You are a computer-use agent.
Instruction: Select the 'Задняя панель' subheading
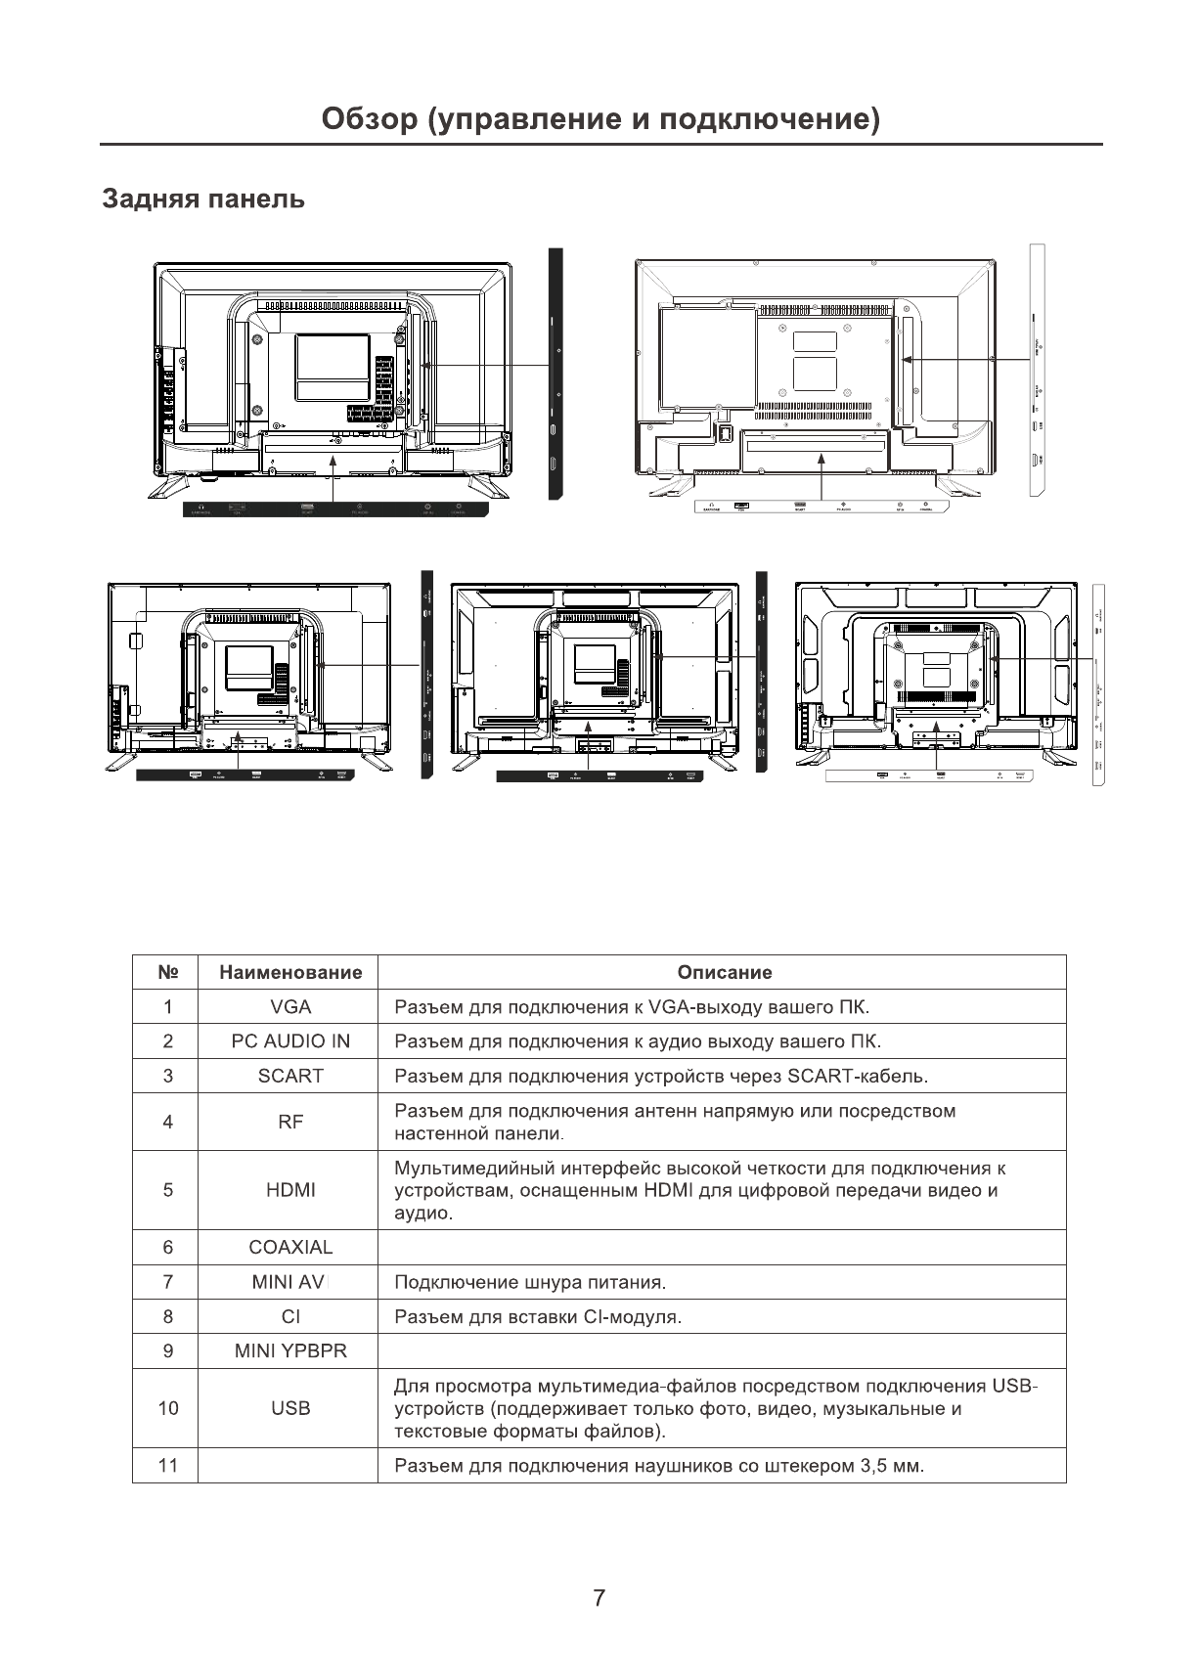click(x=203, y=199)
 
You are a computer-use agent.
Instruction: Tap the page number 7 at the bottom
click(x=599, y=1598)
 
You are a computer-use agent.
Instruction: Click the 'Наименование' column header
click(x=290, y=973)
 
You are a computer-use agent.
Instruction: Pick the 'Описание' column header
click(x=724, y=973)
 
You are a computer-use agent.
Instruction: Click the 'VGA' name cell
click(x=290, y=1007)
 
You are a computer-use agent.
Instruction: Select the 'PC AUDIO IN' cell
click(x=290, y=1041)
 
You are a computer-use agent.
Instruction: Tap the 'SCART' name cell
click(x=290, y=1076)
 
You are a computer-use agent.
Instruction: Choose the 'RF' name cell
click(x=290, y=1122)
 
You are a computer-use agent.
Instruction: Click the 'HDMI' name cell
click(x=290, y=1190)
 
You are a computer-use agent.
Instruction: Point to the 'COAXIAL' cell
click(x=290, y=1247)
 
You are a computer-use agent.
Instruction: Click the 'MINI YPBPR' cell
click(x=290, y=1350)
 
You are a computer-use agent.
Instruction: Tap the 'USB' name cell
click(x=290, y=1408)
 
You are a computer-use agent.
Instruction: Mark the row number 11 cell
click(x=167, y=1466)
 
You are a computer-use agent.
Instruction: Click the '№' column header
click(x=167, y=973)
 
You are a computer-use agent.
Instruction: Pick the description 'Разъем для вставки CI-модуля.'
click(x=537, y=1316)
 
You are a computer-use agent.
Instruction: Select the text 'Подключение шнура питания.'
click(x=529, y=1282)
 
